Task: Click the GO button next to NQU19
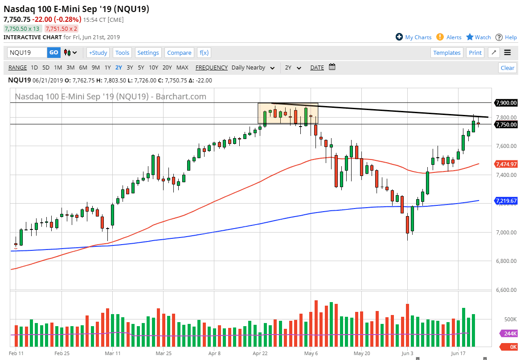click(x=53, y=53)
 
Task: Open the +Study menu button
click(x=98, y=53)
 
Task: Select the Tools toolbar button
click(x=122, y=53)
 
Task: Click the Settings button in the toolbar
click(x=148, y=53)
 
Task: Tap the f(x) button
click(x=204, y=53)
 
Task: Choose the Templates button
click(x=447, y=53)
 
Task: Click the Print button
click(x=475, y=53)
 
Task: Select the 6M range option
click(x=83, y=68)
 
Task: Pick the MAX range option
click(x=182, y=68)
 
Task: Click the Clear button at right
click(x=508, y=68)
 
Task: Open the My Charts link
click(x=418, y=37)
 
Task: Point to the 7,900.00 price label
click(x=506, y=103)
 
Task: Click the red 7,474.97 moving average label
click(x=506, y=164)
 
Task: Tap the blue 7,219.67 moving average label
click(x=506, y=201)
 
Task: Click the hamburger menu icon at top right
click(x=508, y=53)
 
